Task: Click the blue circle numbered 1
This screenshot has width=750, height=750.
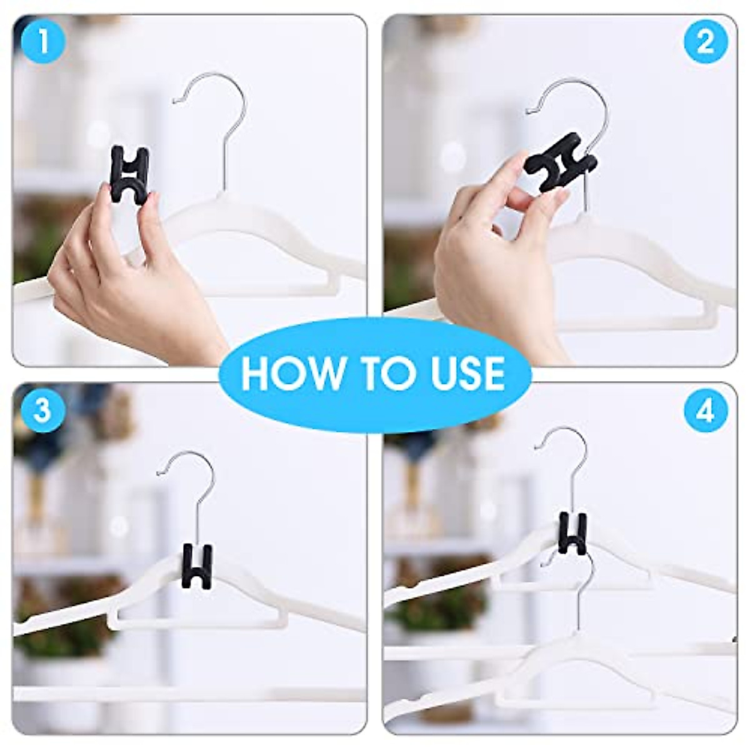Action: coord(42,42)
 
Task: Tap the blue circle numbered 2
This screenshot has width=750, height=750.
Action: coord(706,42)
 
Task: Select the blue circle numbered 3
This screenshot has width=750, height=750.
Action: coord(42,411)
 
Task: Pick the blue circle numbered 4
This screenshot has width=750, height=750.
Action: coord(706,411)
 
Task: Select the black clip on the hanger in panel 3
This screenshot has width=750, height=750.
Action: coord(197,566)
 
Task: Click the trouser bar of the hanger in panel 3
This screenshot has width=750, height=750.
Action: coord(200,622)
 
